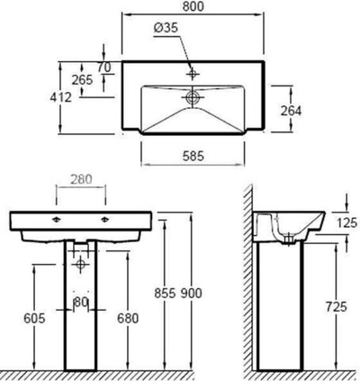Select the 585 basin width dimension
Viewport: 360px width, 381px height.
[193, 155]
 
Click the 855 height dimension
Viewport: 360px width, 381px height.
[163, 294]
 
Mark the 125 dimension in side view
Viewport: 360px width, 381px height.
[345, 222]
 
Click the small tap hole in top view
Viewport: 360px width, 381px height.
[193, 70]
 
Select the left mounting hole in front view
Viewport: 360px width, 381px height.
[57, 219]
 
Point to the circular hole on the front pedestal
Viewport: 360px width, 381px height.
[80, 264]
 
